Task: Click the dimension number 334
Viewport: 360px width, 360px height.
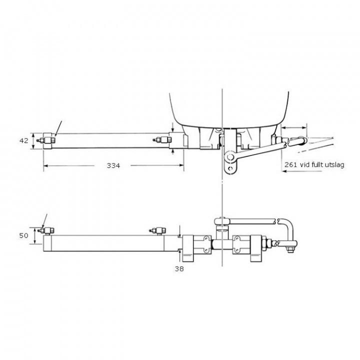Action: (x=113, y=166)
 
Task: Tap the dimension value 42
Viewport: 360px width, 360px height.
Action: (x=23, y=141)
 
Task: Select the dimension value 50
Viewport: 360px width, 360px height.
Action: (x=23, y=235)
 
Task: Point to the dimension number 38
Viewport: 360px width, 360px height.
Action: (x=179, y=268)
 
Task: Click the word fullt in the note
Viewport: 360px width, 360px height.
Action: (x=315, y=164)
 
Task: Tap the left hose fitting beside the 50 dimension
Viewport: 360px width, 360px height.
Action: (x=47, y=230)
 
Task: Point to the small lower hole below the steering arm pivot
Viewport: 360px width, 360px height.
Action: (x=230, y=170)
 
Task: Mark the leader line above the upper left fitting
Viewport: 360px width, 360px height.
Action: (x=59, y=127)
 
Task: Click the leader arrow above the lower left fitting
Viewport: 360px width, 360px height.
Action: (x=45, y=219)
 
